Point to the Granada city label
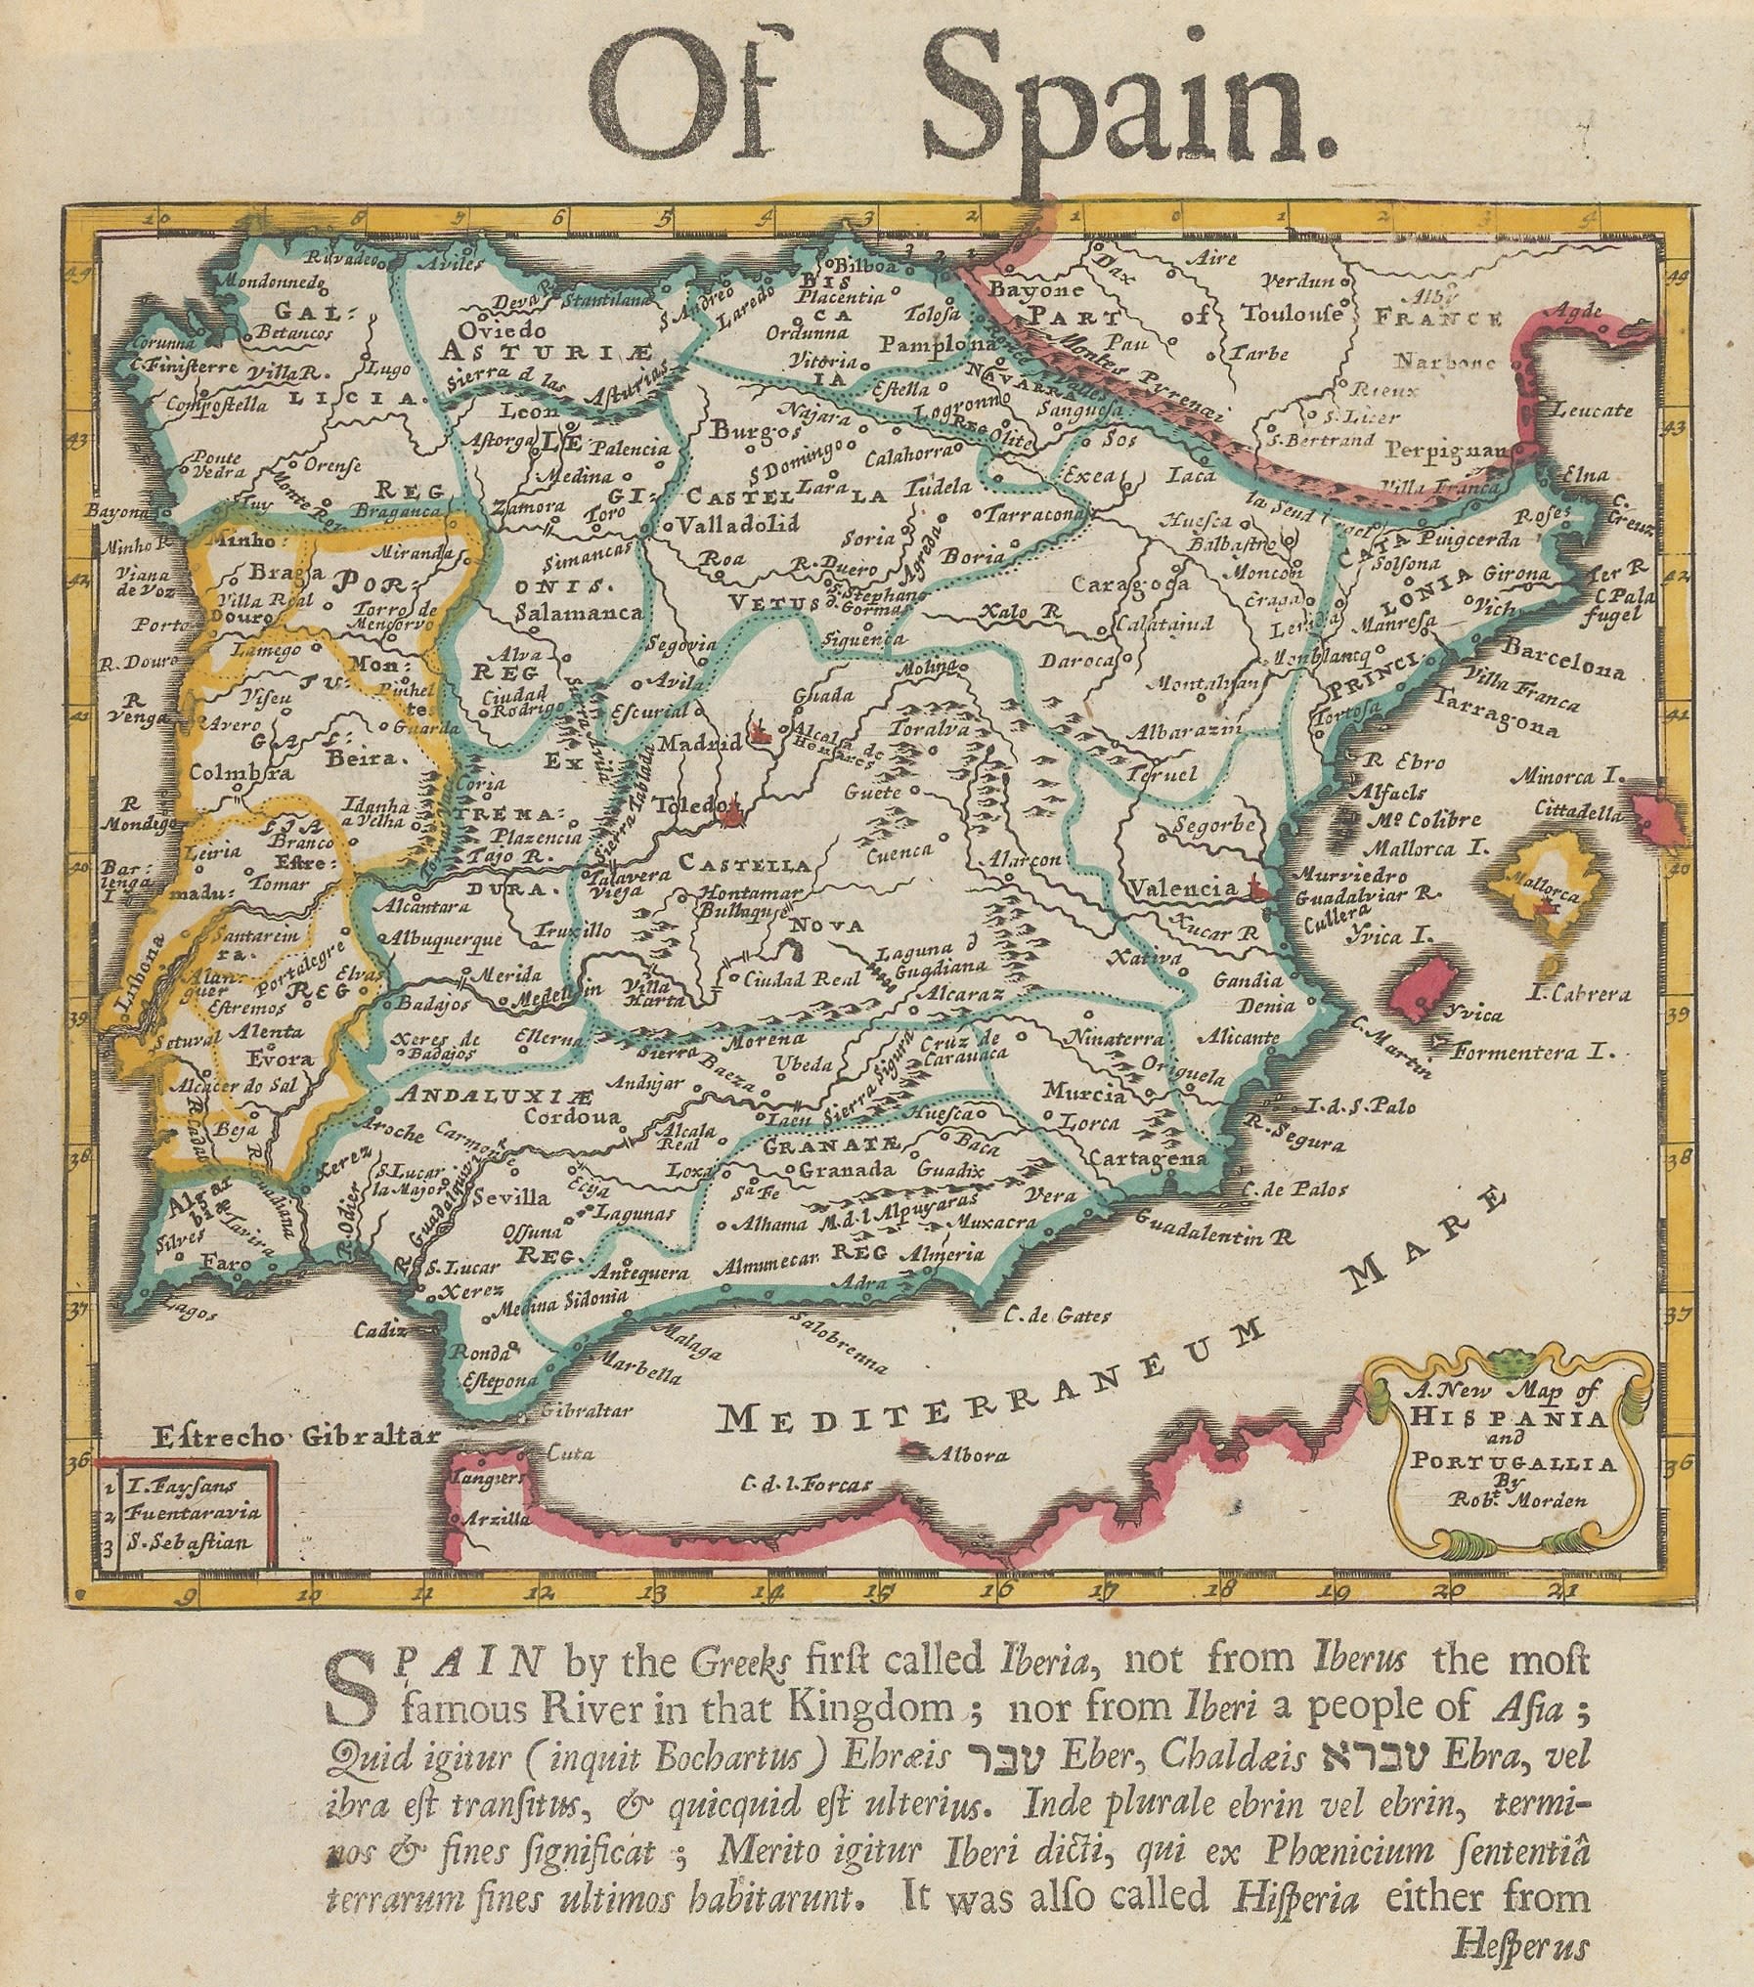[847, 1170]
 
